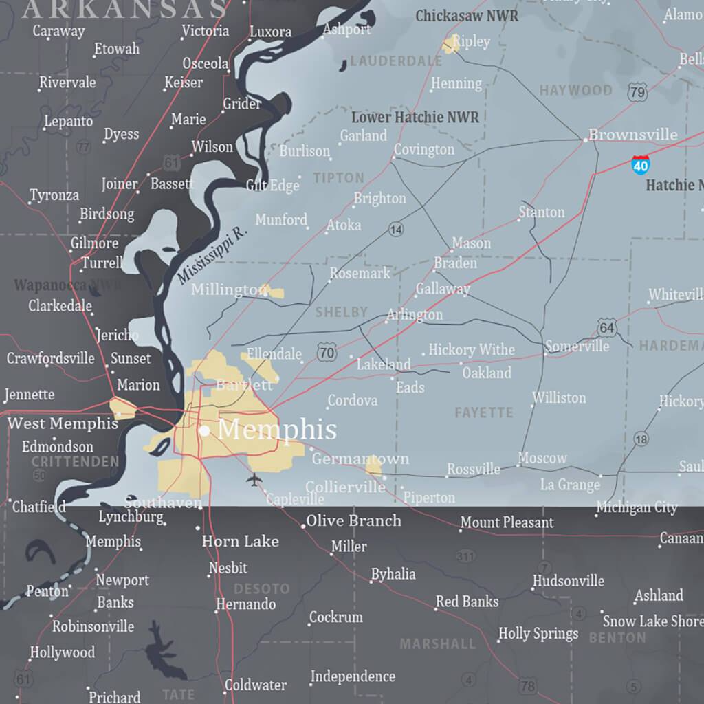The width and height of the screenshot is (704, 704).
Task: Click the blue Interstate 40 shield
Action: click(641, 164)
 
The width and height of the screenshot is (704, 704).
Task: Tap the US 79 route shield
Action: click(637, 91)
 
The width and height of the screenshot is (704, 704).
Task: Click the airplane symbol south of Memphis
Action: click(254, 478)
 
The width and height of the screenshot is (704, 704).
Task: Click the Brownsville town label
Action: click(632, 135)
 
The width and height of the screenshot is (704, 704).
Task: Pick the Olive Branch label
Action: click(353, 520)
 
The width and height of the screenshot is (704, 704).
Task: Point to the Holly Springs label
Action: click(538, 633)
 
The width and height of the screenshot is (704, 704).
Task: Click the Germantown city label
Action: click(360, 459)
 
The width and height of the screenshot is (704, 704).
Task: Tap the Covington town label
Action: click(423, 149)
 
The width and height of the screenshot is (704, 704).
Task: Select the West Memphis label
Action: click(63, 423)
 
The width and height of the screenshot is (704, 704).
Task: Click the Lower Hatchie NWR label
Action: click(415, 117)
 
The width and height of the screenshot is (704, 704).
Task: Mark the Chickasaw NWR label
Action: click(467, 15)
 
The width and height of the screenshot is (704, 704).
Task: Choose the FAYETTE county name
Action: click(484, 412)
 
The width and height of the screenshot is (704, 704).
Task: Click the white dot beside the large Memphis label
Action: click(204, 431)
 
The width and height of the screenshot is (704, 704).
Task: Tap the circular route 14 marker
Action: click(395, 230)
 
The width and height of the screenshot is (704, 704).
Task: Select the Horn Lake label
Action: click(240, 542)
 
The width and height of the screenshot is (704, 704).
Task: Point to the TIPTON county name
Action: click(338, 178)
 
